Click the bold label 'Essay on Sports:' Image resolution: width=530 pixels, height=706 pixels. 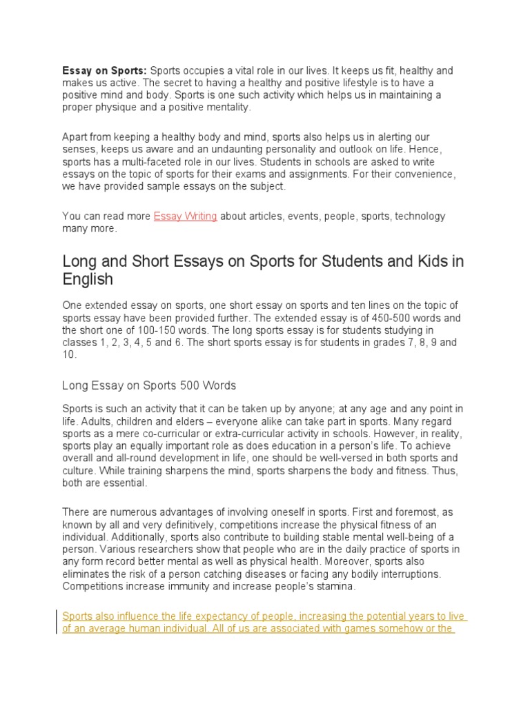tap(104, 70)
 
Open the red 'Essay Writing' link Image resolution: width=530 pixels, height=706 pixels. tap(185, 216)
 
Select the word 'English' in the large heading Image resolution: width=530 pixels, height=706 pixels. tap(88, 280)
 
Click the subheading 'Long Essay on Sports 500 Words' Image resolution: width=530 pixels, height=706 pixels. tap(149, 385)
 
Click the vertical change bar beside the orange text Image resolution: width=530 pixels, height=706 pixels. tap(56, 623)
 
